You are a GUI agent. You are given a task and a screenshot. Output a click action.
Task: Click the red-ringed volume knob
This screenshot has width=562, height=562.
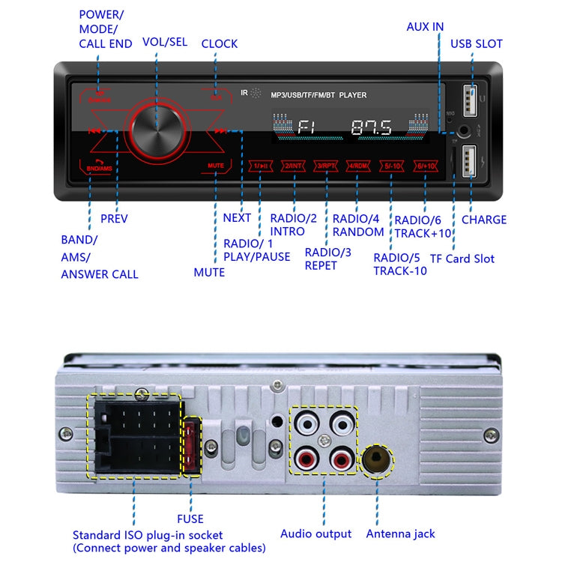(x=158, y=131)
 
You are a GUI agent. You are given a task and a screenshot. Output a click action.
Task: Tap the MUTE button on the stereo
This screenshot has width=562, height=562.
(x=217, y=165)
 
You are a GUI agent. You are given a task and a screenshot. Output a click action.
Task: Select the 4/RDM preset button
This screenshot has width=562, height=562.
(x=357, y=166)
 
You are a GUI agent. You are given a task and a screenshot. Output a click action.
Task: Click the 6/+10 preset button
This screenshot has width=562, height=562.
(x=424, y=166)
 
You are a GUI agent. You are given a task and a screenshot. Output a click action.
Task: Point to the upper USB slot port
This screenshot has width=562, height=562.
(x=471, y=97)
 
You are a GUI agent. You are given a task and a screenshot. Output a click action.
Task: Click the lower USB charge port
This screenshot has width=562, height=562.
(x=471, y=159)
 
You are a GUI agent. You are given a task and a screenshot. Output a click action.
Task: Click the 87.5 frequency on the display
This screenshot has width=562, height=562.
(x=371, y=128)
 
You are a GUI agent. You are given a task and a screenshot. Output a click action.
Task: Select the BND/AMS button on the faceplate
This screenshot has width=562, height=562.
(x=99, y=166)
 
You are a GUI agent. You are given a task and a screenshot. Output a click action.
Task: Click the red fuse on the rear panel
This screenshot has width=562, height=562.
(x=191, y=447)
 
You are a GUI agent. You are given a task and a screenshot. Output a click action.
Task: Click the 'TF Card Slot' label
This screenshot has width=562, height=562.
(x=462, y=259)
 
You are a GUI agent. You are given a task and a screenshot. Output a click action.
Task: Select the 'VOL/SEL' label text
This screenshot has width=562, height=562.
(x=165, y=43)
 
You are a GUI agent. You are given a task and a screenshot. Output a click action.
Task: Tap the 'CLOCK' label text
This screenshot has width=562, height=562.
(x=220, y=43)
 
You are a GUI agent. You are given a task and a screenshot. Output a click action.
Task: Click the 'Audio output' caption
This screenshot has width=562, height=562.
(x=315, y=534)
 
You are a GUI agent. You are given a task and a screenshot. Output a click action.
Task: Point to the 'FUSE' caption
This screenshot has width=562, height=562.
(x=190, y=518)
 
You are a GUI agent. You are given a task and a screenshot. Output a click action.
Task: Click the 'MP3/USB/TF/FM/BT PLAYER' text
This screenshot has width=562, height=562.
(x=325, y=95)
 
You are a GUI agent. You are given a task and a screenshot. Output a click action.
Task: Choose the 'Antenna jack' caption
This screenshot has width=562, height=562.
(x=400, y=534)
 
